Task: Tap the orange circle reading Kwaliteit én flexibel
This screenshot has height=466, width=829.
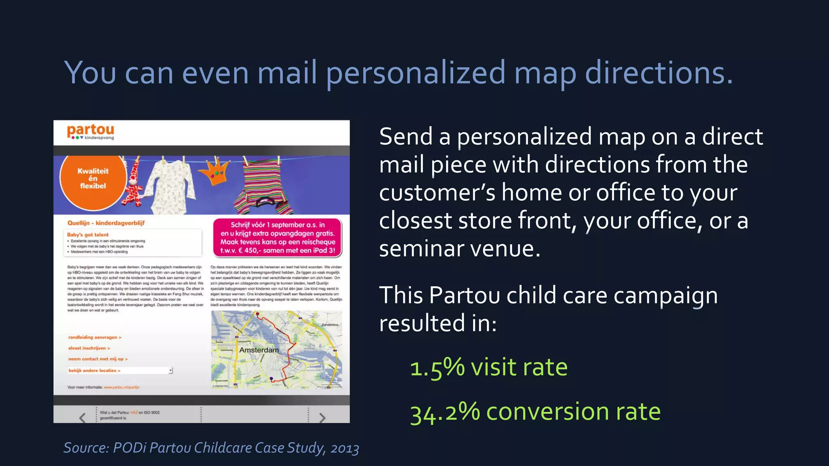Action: point(93,179)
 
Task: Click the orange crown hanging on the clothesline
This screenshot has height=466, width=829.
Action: point(217,173)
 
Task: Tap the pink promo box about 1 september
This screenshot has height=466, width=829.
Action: point(278,237)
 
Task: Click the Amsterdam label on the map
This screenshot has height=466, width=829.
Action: point(259,350)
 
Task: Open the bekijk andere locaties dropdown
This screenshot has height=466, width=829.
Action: point(170,371)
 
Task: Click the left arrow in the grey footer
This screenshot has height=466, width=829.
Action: point(83,417)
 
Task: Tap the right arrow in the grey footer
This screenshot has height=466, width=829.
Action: point(322,417)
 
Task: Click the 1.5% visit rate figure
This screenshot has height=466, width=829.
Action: point(489,368)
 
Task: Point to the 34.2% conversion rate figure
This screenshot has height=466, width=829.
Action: point(535,412)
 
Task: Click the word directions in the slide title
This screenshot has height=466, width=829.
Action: point(659,73)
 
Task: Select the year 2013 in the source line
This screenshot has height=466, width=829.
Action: point(344,449)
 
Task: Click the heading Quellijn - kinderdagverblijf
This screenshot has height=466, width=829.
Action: point(106,223)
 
